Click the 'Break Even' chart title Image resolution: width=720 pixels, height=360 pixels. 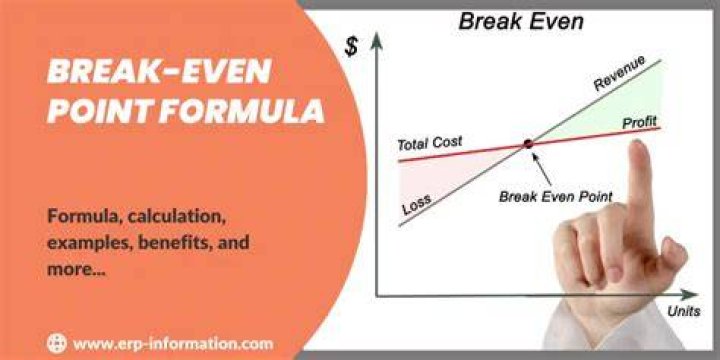pyautogui.click(x=521, y=22)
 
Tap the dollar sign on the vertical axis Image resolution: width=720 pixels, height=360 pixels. pyautogui.click(x=351, y=47)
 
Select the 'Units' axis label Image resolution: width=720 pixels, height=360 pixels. pyautogui.click(x=684, y=311)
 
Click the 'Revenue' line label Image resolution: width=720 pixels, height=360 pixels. pyautogui.click(x=619, y=73)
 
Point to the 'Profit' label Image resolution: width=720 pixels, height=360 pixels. pyautogui.click(x=639, y=123)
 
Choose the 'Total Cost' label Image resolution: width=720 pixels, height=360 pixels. pyautogui.click(x=430, y=144)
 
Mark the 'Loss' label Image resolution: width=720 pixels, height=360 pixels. pyautogui.click(x=416, y=204)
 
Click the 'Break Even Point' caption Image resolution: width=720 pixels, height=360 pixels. pyautogui.click(x=556, y=197)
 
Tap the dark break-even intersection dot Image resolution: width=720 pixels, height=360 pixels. pyautogui.click(x=529, y=144)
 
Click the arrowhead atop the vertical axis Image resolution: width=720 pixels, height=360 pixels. pyautogui.click(x=377, y=40)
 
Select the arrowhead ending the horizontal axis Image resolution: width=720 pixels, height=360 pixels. pyautogui.click(x=689, y=295)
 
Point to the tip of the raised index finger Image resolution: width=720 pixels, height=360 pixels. pyautogui.click(x=639, y=143)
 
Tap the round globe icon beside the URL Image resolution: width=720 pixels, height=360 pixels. pyautogui.click(x=57, y=343)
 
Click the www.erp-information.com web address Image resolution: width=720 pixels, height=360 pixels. pyautogui.click(x=173, y=343)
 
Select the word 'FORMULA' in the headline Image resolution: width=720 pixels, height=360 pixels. pyautogui.click(x=242, y=111)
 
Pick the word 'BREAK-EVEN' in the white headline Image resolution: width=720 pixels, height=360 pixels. pyautogui.click(x=159, y=72)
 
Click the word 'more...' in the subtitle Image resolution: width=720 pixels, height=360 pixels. pyautogui.click(x=76, y=270)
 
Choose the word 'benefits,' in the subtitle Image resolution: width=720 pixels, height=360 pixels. pyautogui.click(x=174, y=242)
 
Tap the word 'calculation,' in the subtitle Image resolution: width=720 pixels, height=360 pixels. pyautogui.click(x=176, y=216)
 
